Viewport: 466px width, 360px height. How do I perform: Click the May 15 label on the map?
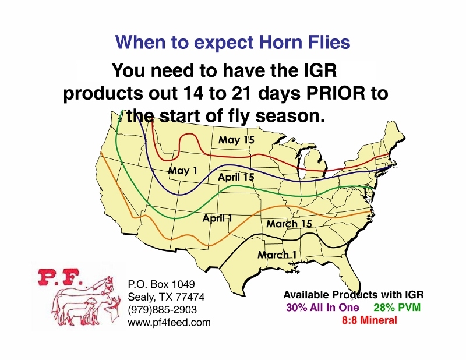(236, 140)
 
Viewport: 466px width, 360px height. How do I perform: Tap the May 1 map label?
(183, 170)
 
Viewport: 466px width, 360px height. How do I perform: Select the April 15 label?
(236, 177)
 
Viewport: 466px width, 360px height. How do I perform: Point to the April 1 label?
(217, 218)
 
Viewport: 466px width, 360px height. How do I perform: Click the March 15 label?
(289, 224)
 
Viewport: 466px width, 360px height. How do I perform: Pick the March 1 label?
(277, 255)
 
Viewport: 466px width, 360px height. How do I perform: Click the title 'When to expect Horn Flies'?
(232, 42)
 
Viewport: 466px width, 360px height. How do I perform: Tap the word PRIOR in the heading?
(336, 93)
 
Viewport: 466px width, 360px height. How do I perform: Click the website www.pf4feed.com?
(169, 322)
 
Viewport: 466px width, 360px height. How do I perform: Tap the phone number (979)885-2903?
(163, 309)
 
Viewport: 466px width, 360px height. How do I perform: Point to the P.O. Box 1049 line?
(161, 284)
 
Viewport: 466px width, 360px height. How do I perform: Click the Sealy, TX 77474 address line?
(166, 297)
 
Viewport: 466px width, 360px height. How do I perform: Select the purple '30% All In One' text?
(323, 308)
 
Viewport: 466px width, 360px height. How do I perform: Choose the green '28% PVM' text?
(397, 308)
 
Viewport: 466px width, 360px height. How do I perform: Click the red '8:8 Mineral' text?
(369, 320)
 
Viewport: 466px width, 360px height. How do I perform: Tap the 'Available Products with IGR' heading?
(354, 295)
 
